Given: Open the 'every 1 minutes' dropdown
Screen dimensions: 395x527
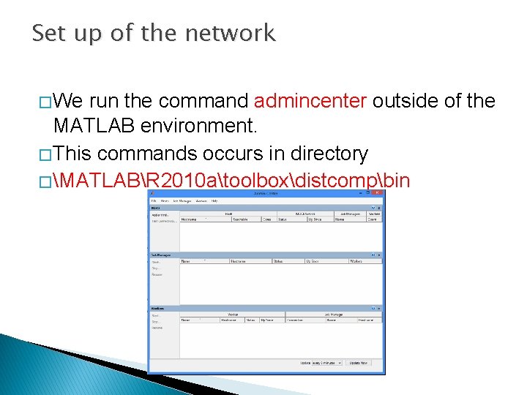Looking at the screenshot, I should pyautogui.click(x=326, y=363).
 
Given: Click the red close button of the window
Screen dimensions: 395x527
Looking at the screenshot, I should pyautogui.click(x=378, y=193).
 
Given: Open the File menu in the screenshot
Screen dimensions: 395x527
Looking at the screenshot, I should pyautogui.click(x=154, y=200).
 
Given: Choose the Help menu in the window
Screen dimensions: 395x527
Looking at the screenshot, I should pyautogui.click(x=214, y=200).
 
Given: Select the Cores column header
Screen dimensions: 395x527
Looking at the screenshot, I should pyautogui.click(x=267, y=219).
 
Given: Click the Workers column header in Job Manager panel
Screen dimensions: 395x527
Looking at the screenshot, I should pyautogui.click(x=356, y=260).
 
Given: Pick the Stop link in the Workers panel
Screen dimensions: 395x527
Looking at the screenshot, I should pyautogui.click(x=155, y=322).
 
